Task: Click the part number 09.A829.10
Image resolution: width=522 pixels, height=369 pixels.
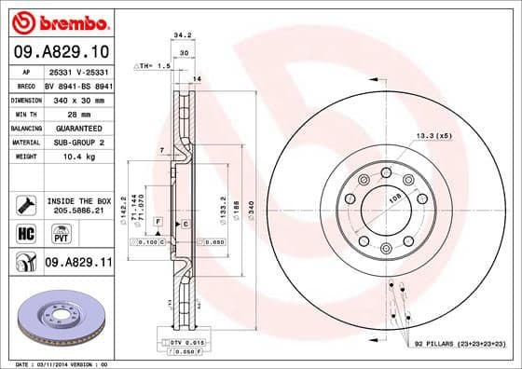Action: coord(62,49)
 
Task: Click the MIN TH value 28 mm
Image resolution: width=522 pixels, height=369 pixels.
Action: coord(79,113)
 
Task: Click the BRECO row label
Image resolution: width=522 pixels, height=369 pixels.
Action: coord(26,84)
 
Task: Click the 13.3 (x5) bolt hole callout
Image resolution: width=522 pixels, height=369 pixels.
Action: coord(435,136)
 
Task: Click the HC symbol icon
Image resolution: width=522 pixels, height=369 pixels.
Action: coord(26,231)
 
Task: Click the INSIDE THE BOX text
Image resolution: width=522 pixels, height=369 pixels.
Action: coord(79,200)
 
